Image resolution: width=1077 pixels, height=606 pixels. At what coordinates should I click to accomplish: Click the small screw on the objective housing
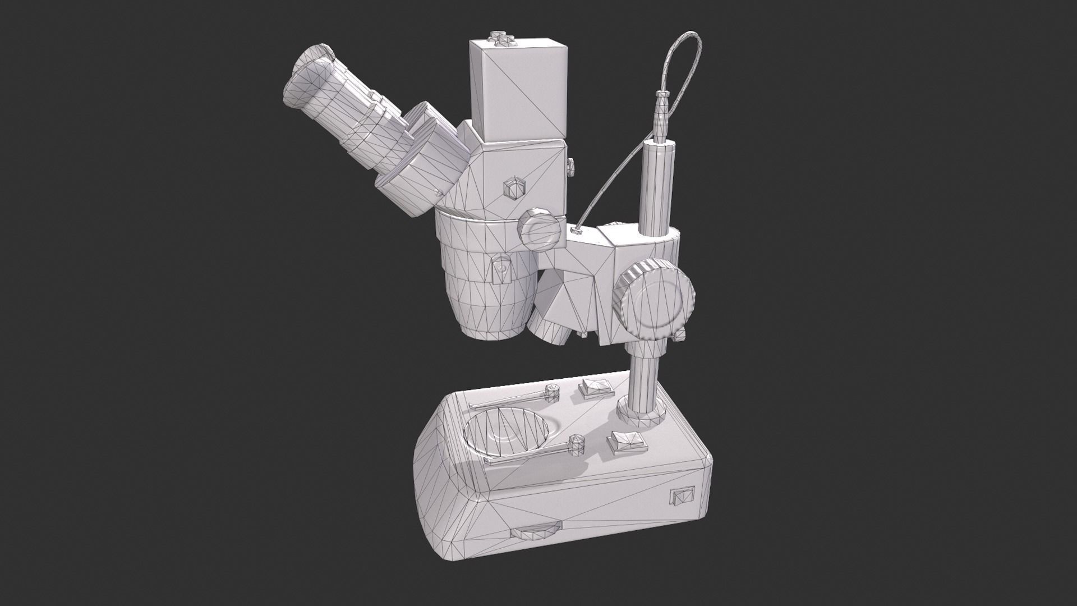pyautogui.click(x=500, y=268)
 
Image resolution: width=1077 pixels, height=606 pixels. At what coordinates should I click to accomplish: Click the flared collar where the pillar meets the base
pyautogui.click(x=641, y=411)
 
